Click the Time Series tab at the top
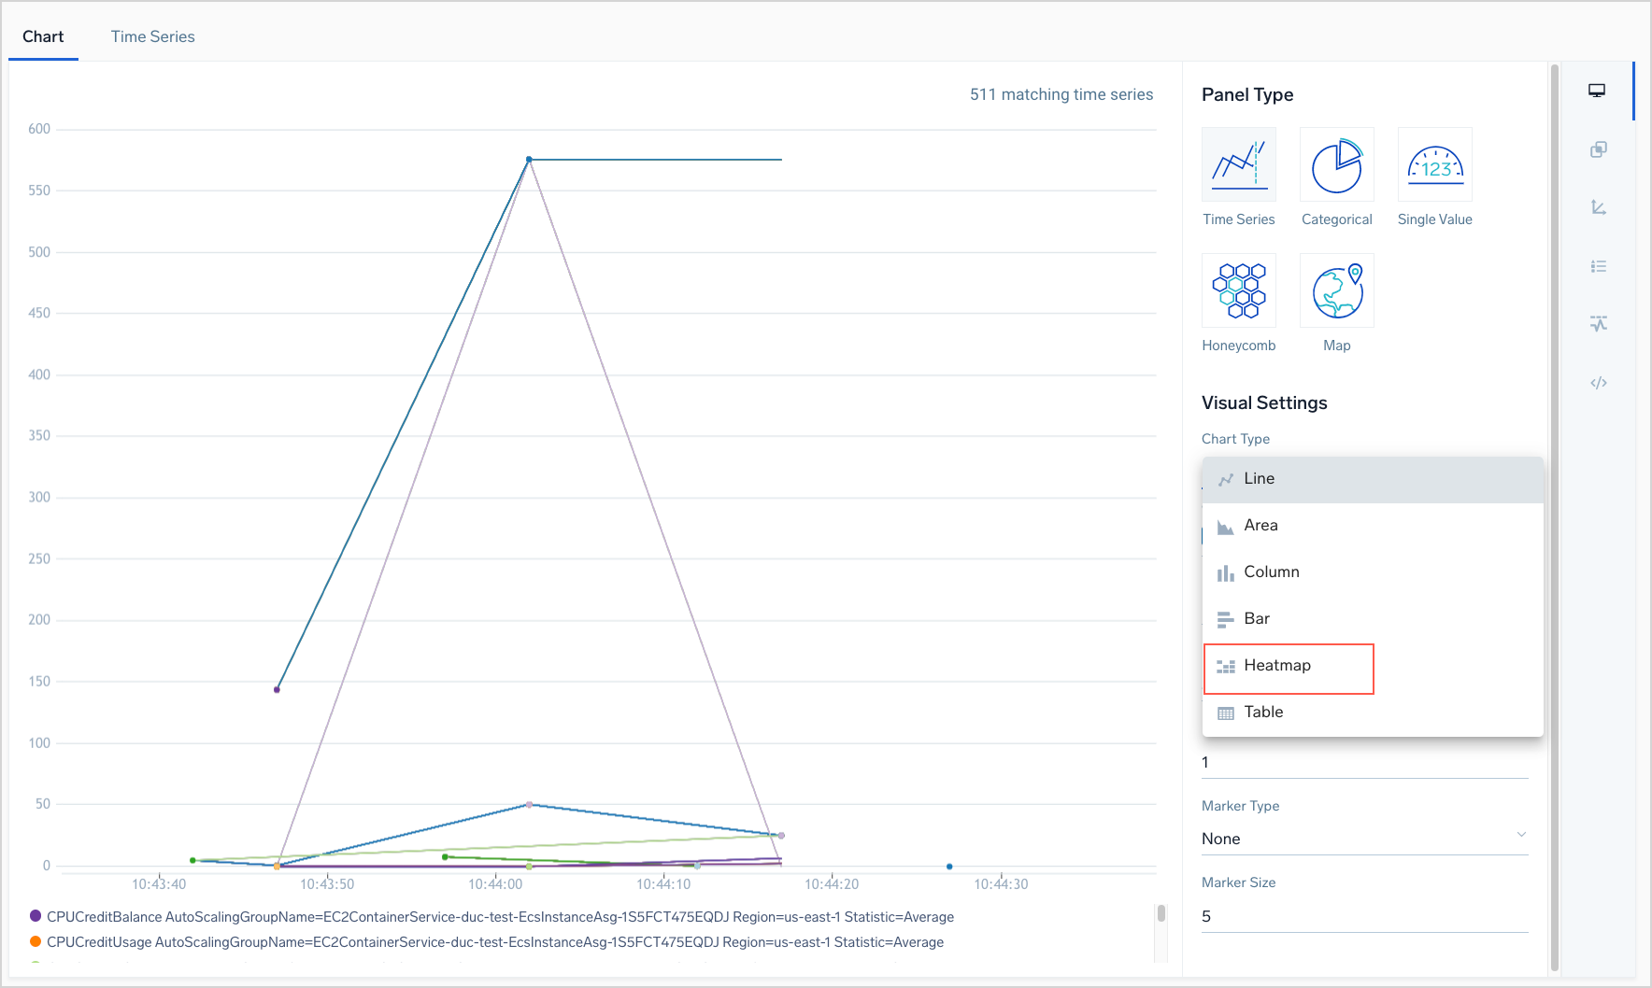point(152,36)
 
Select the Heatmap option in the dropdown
point(1277,666)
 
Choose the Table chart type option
point(1263,713)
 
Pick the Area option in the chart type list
point(1260,526)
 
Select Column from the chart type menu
point(1271,572)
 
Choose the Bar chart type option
point(1257,619)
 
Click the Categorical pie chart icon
point(1336,165)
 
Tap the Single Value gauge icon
point(1434,165)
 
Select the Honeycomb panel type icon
point(1238,290)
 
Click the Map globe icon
point(1336,290)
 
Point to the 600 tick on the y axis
point(39,129)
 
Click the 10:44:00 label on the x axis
point(495,884)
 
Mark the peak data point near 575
point(529,160)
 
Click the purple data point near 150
point(277,689)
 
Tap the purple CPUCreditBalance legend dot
point(36,916)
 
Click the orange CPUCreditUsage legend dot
point(36,941)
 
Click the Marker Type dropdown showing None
point(1364,839)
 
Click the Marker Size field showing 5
point(1364,916)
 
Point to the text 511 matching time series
point(1061,94)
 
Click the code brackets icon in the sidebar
point(1599,383)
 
